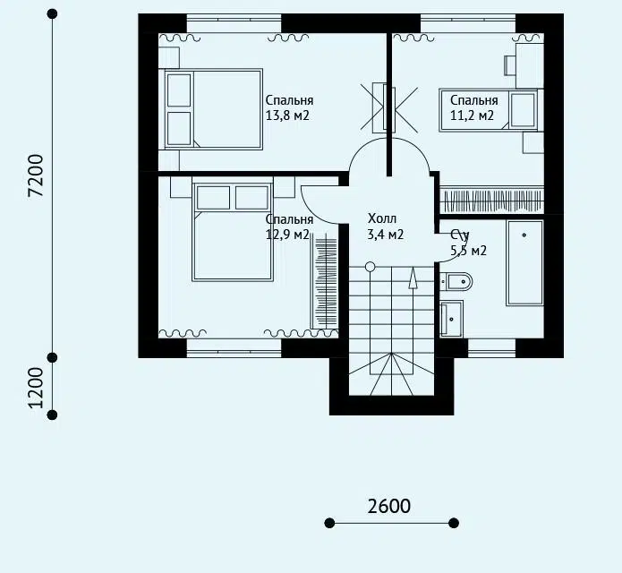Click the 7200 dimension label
(x=36, y=175)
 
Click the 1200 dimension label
(x=36, y=388)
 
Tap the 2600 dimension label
(x=388, y=507)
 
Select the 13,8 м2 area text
(x=287, y=115)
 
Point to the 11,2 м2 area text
(x=472, y=115)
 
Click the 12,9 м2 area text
(x=287, y=235)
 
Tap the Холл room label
(x=382, y=218)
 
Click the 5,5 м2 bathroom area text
(x=468, y=251)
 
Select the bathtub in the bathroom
(x=524, y=263)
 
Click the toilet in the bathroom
(x=456, y=282)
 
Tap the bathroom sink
(x=451, y=319)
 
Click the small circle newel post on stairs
(x=370, y=267)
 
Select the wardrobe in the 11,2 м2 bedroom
(x=492, y=201)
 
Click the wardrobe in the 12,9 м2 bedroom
(x=325, y=281)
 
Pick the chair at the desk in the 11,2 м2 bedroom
(x=510, y=65)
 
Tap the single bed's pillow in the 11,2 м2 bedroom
(x=523, y=110)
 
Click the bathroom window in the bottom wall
(x=492, y=348)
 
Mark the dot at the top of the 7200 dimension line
(x=52, y=14)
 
